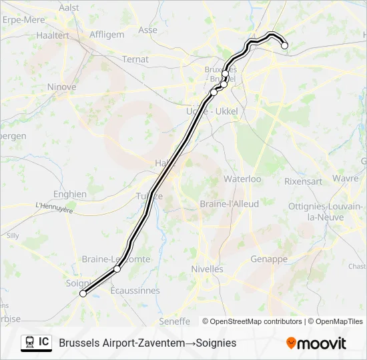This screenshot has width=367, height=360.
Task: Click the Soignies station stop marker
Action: tap(83, 293)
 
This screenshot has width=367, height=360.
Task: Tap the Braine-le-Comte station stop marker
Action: tap(117, 269)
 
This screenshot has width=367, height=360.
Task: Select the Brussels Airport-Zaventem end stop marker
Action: tap(285, 46)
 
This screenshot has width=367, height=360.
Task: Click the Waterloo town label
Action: tap(242, 179)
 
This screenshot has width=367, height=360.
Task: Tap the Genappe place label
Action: tap(269, 259)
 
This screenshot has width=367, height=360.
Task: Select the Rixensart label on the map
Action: tap(303, 181)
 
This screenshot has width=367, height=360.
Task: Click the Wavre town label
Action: tap(346, 179)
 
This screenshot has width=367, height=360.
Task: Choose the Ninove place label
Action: tap(62, 87)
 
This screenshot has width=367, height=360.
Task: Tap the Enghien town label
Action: tap(70, 194)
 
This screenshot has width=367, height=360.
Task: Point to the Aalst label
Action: tap(69, 7)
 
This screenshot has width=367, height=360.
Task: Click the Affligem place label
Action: tap(106, 34)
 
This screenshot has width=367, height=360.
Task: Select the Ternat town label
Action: tap(135, 59)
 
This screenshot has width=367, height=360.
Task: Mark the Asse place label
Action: tap(148, 30)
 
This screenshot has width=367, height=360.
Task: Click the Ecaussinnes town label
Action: tap(134, 291)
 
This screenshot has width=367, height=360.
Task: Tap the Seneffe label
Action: tap(175, 321)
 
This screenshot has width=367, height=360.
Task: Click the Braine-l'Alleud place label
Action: tap(229, 204)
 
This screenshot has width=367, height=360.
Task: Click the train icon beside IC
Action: tap(30, 343)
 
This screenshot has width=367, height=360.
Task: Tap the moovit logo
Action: tap(316, 343)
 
